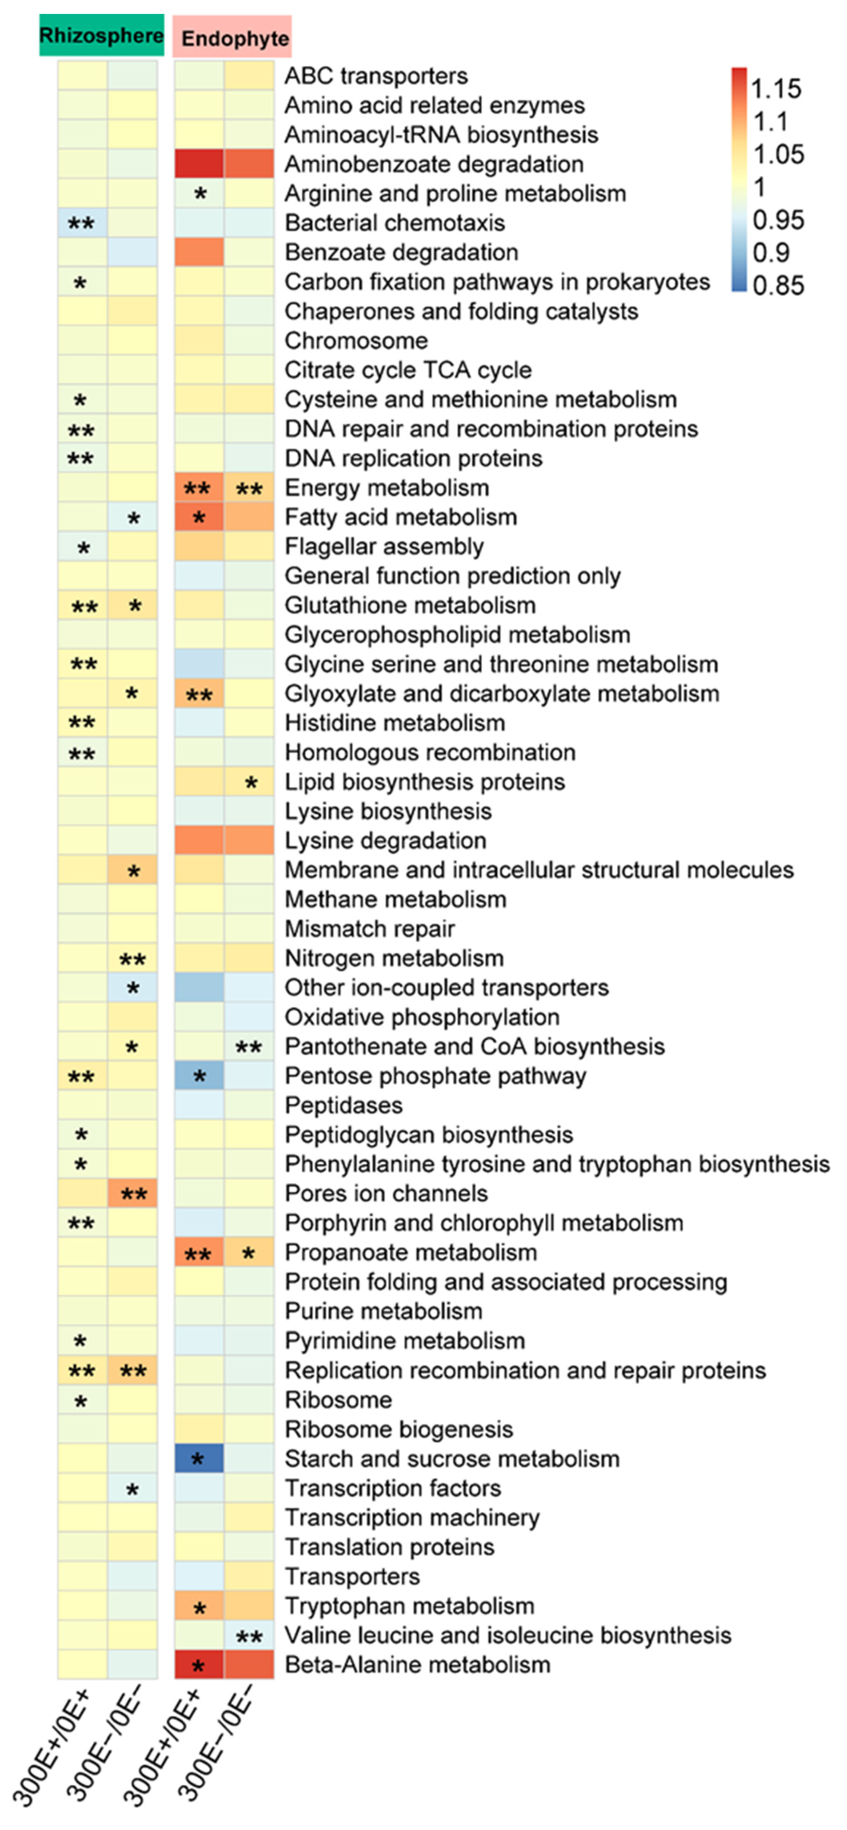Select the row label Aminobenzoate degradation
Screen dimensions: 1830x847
click(x=434, y=164)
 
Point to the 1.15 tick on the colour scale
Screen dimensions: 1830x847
click(x=776, y=89)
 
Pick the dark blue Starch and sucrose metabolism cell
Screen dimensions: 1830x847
click(x=199, y=1458)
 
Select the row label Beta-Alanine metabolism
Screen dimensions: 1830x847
click(x=417, y=1664)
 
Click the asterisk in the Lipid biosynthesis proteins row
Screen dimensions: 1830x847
click(x=250, y=783)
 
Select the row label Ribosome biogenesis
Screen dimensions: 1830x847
click(x=399, y=1429)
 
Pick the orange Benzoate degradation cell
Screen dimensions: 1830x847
click(x=199, y=252)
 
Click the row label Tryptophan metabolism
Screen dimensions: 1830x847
click(x=409, y=1606)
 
